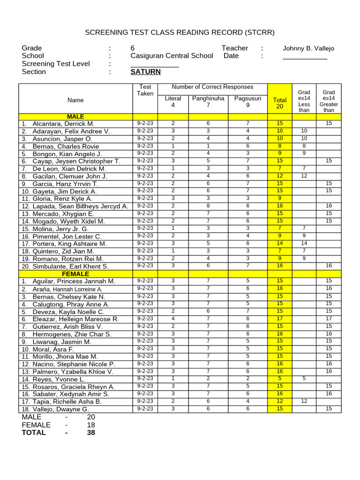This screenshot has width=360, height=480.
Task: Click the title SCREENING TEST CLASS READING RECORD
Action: [x=180, y=32]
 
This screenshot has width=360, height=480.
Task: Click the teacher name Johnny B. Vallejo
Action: [x=308, y=48]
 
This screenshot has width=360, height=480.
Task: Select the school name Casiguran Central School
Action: [x=172, y=56]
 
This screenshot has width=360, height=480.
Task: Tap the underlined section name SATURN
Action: [x=145, y=72]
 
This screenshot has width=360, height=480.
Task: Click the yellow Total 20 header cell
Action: [x=280, y=103]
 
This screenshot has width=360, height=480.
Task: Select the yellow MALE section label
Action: [x=75, y=116]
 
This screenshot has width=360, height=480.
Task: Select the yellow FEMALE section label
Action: [x=75, y=274]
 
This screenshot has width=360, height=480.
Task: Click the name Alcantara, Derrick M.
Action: [x=63, y=124]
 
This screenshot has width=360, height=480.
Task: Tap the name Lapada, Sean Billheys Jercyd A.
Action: [x=80, y=206]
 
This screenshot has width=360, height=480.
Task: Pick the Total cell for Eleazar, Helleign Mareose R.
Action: [x=280, y=319]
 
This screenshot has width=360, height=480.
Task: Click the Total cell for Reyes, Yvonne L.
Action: [x=280, y=379]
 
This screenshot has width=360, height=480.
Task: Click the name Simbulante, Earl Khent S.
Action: [x=70, y=266]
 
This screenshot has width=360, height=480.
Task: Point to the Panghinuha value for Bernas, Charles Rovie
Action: [x=208, y=146]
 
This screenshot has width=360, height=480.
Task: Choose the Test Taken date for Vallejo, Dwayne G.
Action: [x=145, y=409]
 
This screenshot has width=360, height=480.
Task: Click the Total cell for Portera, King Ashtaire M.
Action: [x=280, y=243]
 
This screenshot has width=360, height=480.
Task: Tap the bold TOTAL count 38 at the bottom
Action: [x=91, y=433]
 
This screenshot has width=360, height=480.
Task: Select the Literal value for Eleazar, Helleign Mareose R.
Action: [x=173, y=319]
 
